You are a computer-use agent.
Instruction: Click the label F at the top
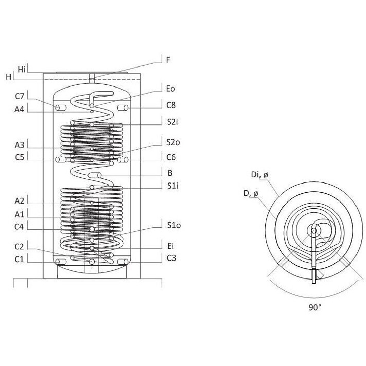(x=168, y=60)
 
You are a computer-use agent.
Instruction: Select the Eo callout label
(x=170, y=89)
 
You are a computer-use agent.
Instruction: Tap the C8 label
(x=171, y=105)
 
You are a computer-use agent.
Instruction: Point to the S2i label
(x=172, y=122)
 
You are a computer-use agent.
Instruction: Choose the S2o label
(x=173, y=142)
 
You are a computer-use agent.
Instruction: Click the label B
(x=170, y=173)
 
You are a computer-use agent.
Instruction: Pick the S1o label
(x=174, y=225)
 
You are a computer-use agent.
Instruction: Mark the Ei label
(x=170, y=246)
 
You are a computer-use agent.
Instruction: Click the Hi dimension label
(x=22, y=69)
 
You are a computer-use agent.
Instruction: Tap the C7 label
(x=20, y=96)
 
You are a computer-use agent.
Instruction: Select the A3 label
(x=19, y=145)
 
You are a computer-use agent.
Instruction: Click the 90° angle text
(x=315, y=307)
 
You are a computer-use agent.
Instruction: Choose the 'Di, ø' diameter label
(x=260, y=175)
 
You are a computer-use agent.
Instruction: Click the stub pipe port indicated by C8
(x=122, y=108)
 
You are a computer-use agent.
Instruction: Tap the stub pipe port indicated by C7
(x=61, y=108)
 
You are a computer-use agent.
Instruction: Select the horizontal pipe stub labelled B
(x=95, y=175)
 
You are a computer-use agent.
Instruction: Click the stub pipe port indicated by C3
(x=122, y=262)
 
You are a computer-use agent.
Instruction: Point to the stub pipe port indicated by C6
(x=122, y=160)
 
